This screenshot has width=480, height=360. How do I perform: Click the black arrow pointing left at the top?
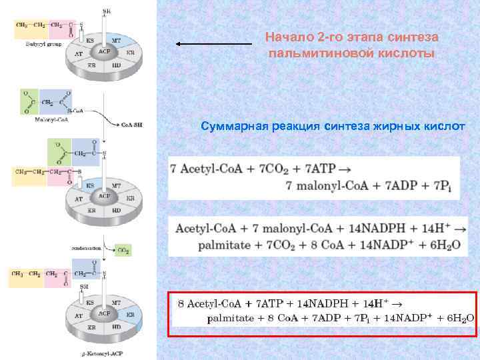pyautogui.click(x=213, y=44)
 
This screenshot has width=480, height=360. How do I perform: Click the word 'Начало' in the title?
pyautogui.click(x=285, y=37)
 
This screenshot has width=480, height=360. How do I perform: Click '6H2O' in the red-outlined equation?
pyautogui.click(x=459, y=319)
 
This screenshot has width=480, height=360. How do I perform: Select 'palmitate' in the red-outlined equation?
pyautogui.click(x=231, y=319)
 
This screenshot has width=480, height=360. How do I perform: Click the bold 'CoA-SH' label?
pyautogui.click(x=131, y=125)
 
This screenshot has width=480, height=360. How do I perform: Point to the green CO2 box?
pyautogui.click(x=123, y=251)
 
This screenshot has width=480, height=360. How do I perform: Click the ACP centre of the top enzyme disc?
pyautogui.click(x=104, y=51)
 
